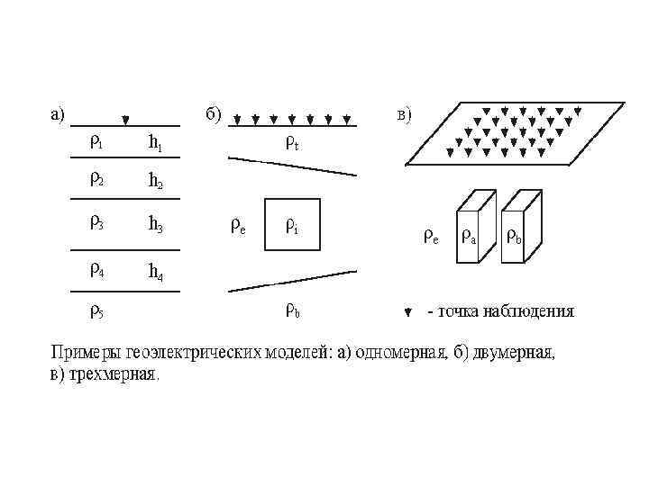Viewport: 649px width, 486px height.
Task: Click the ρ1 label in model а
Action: (x=96, y=141)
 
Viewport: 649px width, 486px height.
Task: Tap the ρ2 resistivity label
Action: (x=96, y=178)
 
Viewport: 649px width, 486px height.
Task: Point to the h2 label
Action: (x=155, y=180)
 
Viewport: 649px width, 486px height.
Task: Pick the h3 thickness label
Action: (x=155, y=225)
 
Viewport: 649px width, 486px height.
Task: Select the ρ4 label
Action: (x=96, y=268)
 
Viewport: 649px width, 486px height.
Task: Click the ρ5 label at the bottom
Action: (x=96, y=312)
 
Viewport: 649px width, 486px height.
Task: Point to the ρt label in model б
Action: (x=292, y=141)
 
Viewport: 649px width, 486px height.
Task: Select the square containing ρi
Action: (x=292, y=224)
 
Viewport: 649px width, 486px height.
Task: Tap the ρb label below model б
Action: (x=292, y=311)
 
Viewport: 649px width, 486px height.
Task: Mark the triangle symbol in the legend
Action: (x=407, y=312)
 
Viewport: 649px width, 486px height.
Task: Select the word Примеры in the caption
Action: (x=80, y=353)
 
